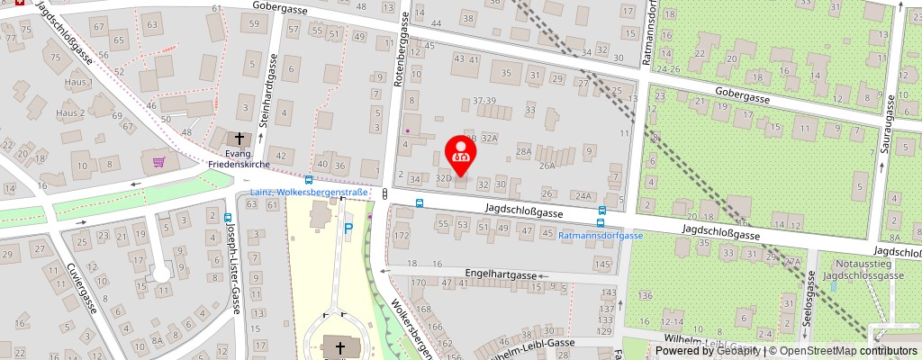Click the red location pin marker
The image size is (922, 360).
click(x=461, y=154)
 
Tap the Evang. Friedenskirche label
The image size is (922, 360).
click(x=239, y=159)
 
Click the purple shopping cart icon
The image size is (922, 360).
click(x=159, y=162)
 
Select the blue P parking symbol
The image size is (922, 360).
click(x=348, y=229)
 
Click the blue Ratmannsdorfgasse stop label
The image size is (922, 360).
click(x=601, y=235)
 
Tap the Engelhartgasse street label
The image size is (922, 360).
click(x=499, y=271)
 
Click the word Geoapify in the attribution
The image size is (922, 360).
click(x=737, y=351)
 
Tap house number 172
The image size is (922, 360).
click(x=402, y=236)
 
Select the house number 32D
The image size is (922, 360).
click(x=442, y=179)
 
